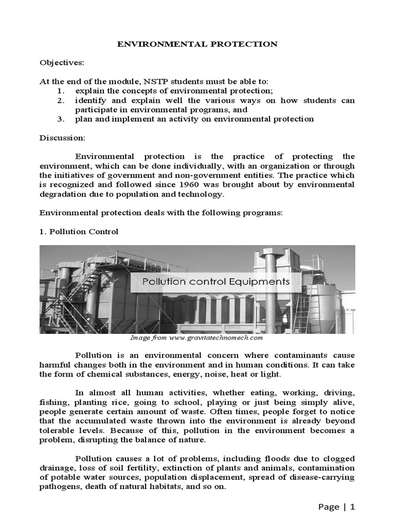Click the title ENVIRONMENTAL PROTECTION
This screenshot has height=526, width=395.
197,44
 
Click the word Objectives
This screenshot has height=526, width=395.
61,63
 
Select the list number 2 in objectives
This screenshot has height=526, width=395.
60,100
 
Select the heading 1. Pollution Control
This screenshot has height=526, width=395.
79,232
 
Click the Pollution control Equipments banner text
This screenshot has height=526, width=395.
216,281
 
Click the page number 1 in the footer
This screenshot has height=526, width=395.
353,507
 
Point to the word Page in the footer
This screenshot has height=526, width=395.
329,507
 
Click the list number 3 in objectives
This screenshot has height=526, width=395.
60,119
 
